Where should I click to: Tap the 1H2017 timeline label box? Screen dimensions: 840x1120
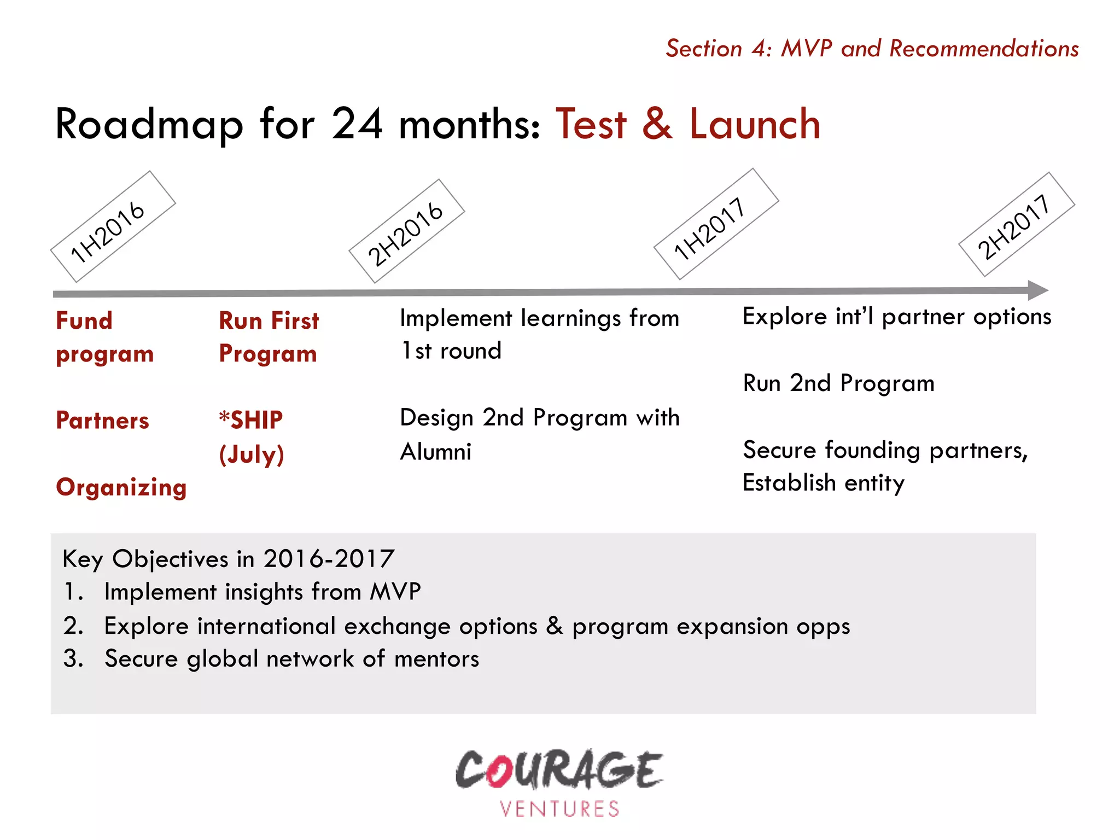coord(715,224)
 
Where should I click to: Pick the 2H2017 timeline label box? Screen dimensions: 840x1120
coord(1016,225)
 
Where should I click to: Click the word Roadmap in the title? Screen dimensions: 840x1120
coord(149,125)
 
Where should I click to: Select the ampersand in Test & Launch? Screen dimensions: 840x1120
coord(657,125)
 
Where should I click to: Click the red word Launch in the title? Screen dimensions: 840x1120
coord(754,125)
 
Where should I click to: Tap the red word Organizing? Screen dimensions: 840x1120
coord(121,487)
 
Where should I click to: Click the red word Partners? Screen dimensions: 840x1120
coord(102,421)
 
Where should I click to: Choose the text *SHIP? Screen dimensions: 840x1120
coord(251,420)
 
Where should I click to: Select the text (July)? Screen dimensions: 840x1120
coord(252,454)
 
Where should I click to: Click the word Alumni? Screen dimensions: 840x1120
coord(435,452)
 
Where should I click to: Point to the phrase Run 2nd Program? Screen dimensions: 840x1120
coord(838,383)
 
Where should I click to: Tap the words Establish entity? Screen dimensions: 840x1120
coord(823,483)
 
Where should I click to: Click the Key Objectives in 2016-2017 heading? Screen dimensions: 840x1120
coord(228,559)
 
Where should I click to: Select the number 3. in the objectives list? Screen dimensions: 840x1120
coord(73,658)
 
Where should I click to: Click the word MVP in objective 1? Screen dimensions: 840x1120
coord(395,592)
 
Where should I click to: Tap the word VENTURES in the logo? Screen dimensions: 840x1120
coord(559,809)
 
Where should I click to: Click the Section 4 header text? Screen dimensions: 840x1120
coord(872,49)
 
